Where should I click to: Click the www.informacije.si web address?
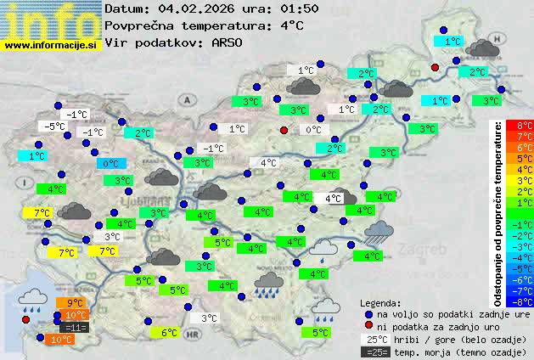[51, 45]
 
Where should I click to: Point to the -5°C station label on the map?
[55, 127]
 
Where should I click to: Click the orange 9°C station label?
[75, 303]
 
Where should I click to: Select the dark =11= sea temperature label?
[75, 327]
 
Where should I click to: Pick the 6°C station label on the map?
[169, 333]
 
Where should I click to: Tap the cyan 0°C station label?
[111, 164]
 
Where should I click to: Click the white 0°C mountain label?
[313, 130]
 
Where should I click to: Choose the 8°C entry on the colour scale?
[525, 125]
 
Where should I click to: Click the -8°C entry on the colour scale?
[525, 301]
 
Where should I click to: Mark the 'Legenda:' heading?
[380, 302]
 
